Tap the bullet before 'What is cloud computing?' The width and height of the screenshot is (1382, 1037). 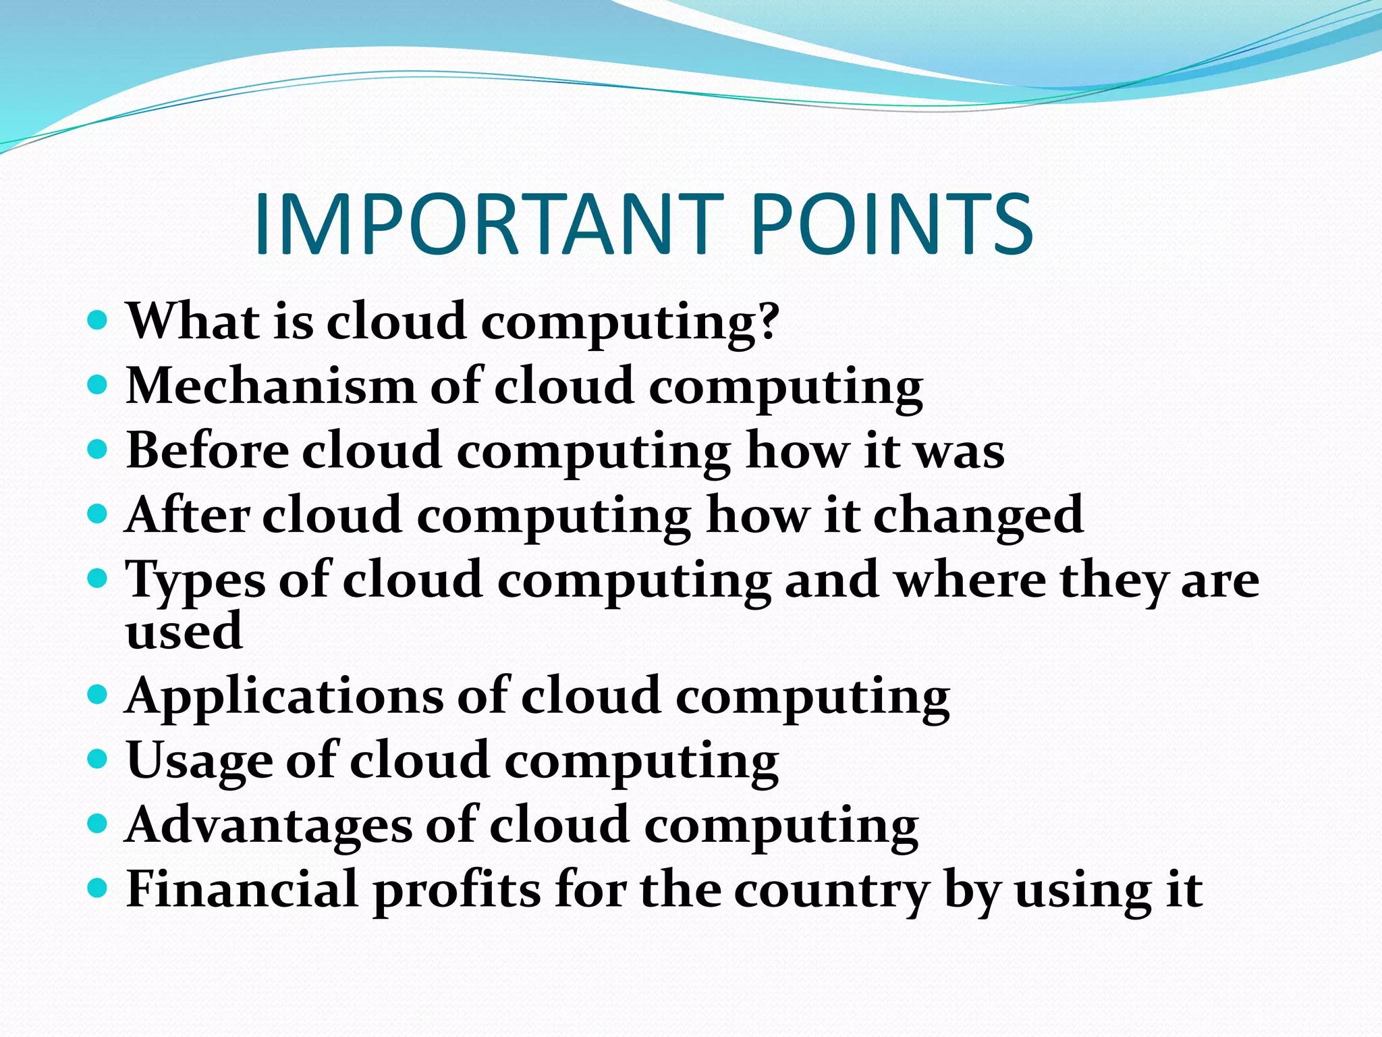tap(99, 319)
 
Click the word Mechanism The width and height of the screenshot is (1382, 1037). tap(271, 387)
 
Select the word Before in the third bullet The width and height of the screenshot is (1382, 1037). tap(207, 451)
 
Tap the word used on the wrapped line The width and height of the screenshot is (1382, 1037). tap(184, 631)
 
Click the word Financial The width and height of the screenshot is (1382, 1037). tap(242, 890)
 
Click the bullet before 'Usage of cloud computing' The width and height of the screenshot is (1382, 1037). tap(99, 758)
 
